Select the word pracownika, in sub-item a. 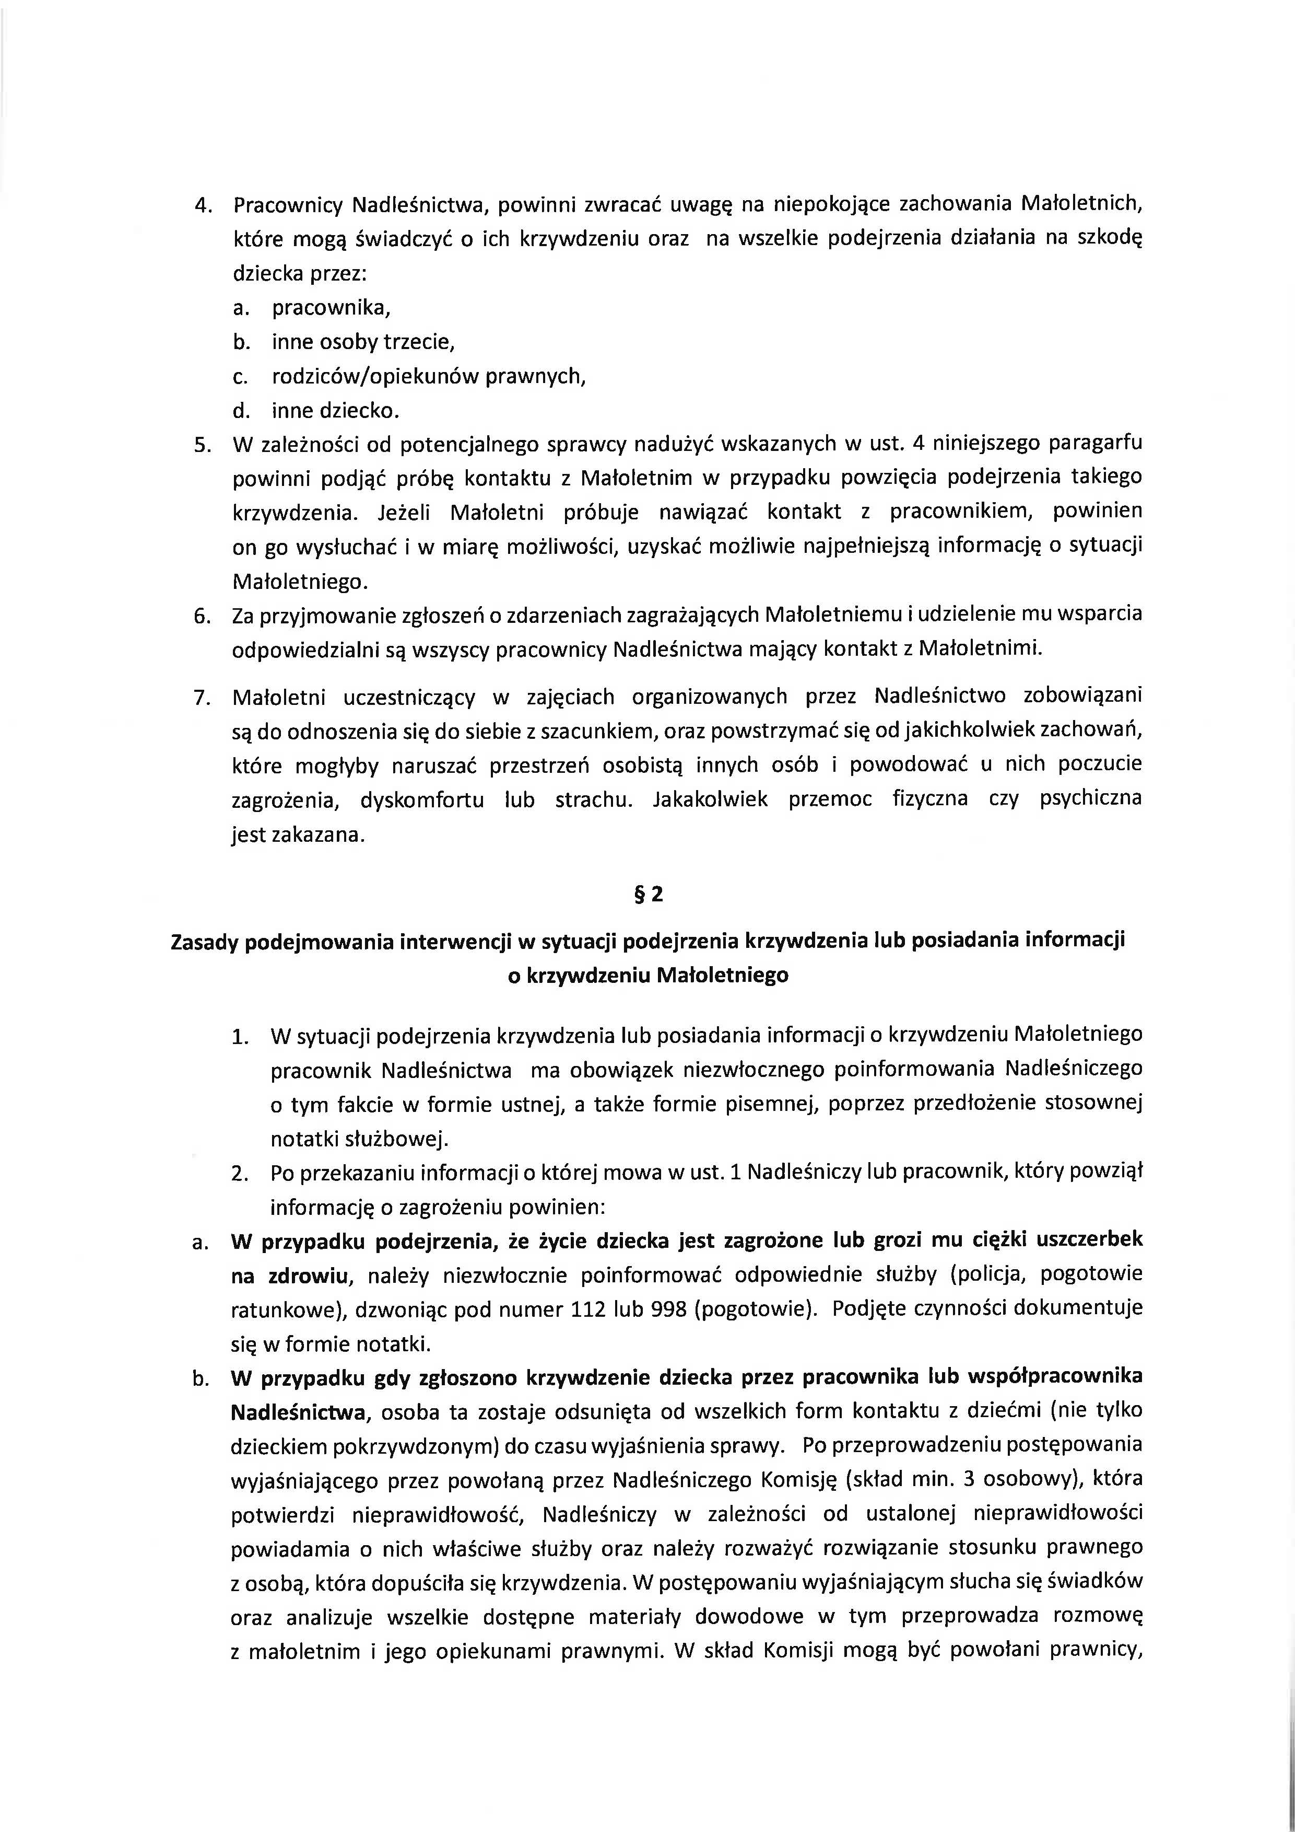click(x=331, y=308)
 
